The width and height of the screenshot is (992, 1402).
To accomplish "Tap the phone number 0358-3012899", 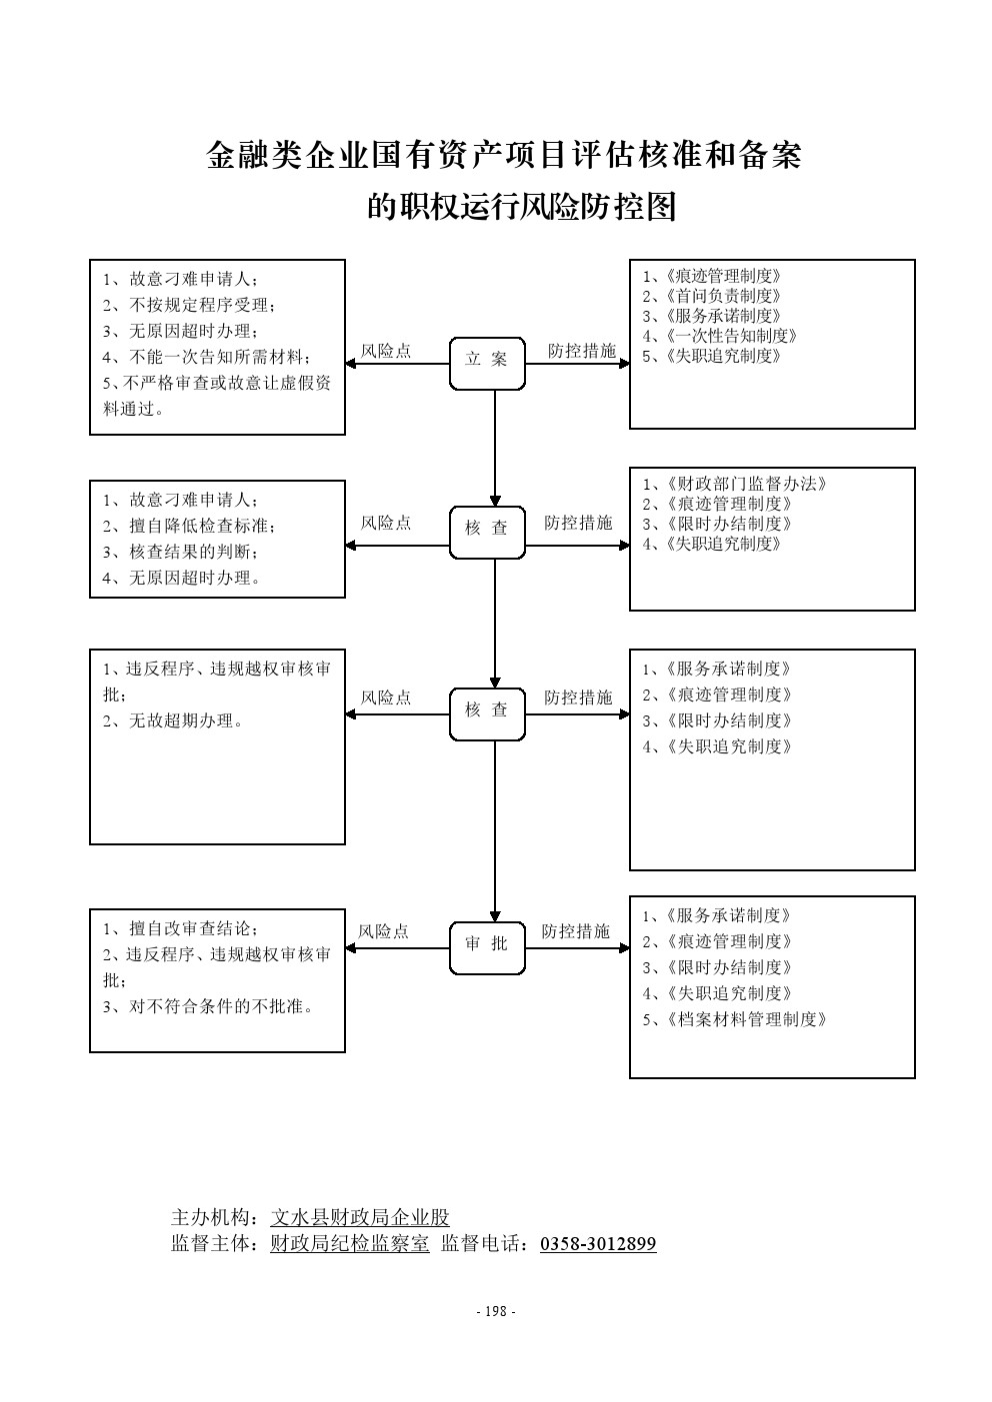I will (x=598, y=1244).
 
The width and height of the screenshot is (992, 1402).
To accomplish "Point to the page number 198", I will (x=495, y=1312).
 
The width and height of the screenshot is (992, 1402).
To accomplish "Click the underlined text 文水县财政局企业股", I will (x=360, y=1217).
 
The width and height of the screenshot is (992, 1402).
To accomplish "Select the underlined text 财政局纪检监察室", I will (x=350, y=1244).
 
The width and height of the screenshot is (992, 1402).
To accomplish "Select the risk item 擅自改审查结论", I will (x=192, y=928).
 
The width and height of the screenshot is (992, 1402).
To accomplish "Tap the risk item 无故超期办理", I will (x=185, y=720).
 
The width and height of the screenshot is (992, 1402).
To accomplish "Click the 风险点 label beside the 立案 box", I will (x=386, y=351).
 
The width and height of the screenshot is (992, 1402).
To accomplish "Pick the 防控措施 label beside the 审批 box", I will (x=576, y=931).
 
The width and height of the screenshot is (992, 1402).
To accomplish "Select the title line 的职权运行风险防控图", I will (x=522, y=207).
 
